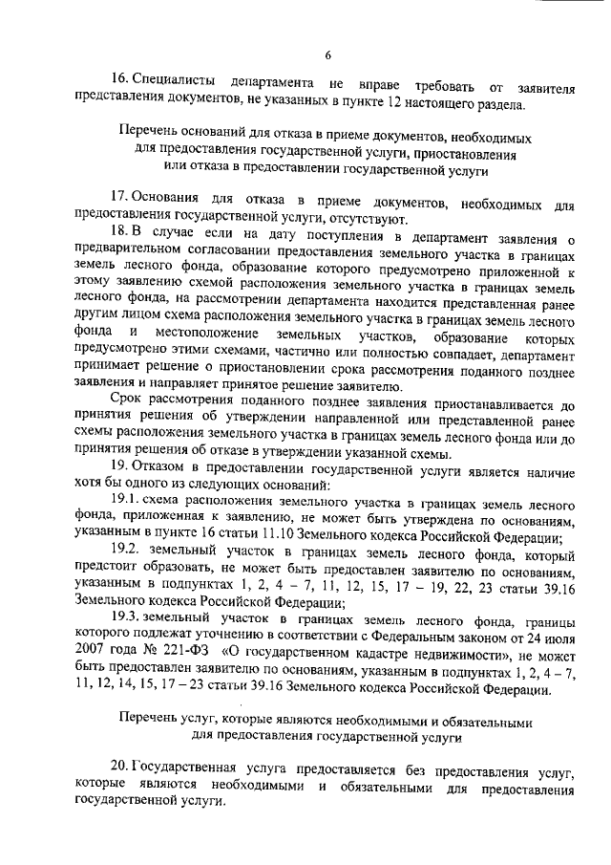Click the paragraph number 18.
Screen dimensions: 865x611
click(x=120, y=234)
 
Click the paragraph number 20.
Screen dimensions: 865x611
click(x=120, y=768)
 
